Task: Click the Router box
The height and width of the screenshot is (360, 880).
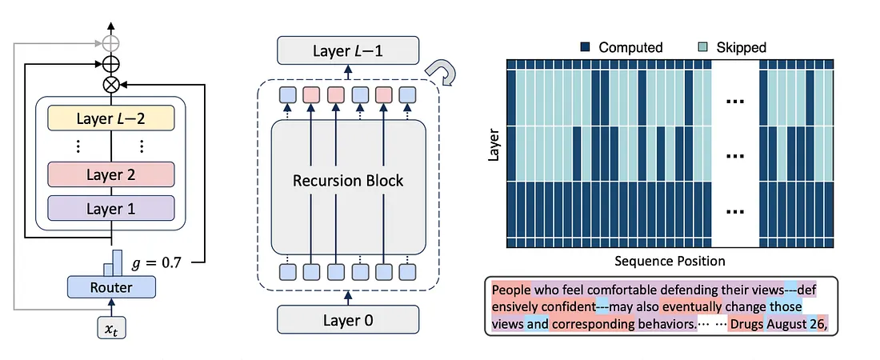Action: coord(112,286)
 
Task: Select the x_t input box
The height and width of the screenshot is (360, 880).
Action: coord(111,328)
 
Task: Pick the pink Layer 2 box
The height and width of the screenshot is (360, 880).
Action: coord(111,174)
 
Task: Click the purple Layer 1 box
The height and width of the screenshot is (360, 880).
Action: coord(111,208)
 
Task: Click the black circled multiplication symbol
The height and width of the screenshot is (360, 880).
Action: coord(111,82)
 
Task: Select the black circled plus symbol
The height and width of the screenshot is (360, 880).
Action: coord(111,62)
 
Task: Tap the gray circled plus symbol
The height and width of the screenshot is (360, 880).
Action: coord(111,42)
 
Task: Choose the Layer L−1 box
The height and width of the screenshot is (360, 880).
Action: coord(348,51)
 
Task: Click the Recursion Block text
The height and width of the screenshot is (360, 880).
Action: coord(348,180)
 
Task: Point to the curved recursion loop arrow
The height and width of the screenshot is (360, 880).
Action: coord(442,72)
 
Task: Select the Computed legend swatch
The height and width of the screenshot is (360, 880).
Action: coord(586,47)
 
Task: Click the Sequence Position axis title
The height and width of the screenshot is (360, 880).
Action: coord(670,261)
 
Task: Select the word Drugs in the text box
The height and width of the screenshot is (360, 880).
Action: coord(746,325)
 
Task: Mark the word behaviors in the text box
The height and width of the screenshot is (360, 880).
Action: coord(668,325)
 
